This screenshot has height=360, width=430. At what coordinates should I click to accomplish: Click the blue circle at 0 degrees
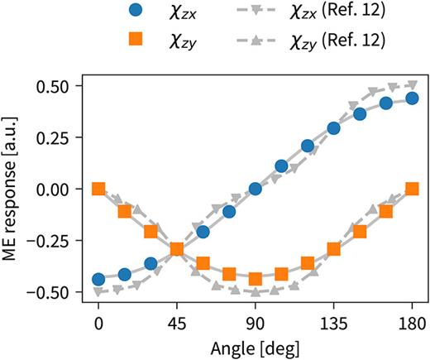pyautogui.click(x=98, y=280)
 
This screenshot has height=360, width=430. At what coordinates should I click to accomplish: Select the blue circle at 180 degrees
pyautogui.click(x=412, y=98)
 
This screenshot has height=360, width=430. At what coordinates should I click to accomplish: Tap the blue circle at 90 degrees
pyautogui.click(x=255, y=189)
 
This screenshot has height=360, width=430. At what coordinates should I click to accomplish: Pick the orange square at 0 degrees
pyautogui.click(x=98, y=189)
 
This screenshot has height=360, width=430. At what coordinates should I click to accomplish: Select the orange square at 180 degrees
pyautogui.click(x=412, y=189)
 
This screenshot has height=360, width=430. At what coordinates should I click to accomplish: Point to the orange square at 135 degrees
pyautogui.click(x=333, y=248)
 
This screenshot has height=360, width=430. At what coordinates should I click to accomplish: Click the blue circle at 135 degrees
pyautogui.click(x=333, y=128)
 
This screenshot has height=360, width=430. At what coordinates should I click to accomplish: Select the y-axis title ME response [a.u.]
pyautogui.click(x=13, y=189)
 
